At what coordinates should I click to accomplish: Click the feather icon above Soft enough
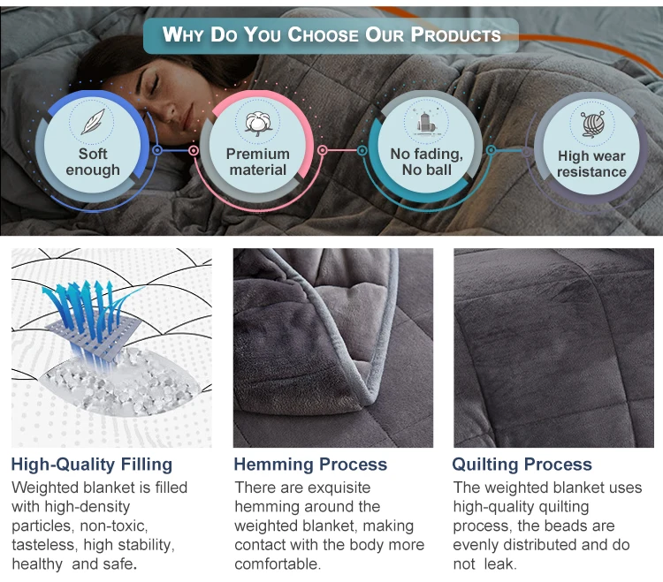(93, 122)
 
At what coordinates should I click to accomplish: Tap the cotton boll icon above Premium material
(257, 123)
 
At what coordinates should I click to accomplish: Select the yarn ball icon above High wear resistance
(592, 125)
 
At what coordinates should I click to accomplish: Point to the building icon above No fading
(425, 123)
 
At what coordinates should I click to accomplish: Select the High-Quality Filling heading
(92, 465)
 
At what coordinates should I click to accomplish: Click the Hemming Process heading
(310, 465)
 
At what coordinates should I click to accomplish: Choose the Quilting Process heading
(522, 465)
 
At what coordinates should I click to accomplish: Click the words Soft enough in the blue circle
(93, 162)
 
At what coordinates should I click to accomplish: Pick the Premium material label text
(258, 162)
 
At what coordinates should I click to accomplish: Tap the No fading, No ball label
(427, 162)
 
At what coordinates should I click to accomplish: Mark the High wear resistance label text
(591, 164)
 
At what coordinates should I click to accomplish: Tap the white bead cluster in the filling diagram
(123, 384)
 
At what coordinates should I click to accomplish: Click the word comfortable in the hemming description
(278, 563)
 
